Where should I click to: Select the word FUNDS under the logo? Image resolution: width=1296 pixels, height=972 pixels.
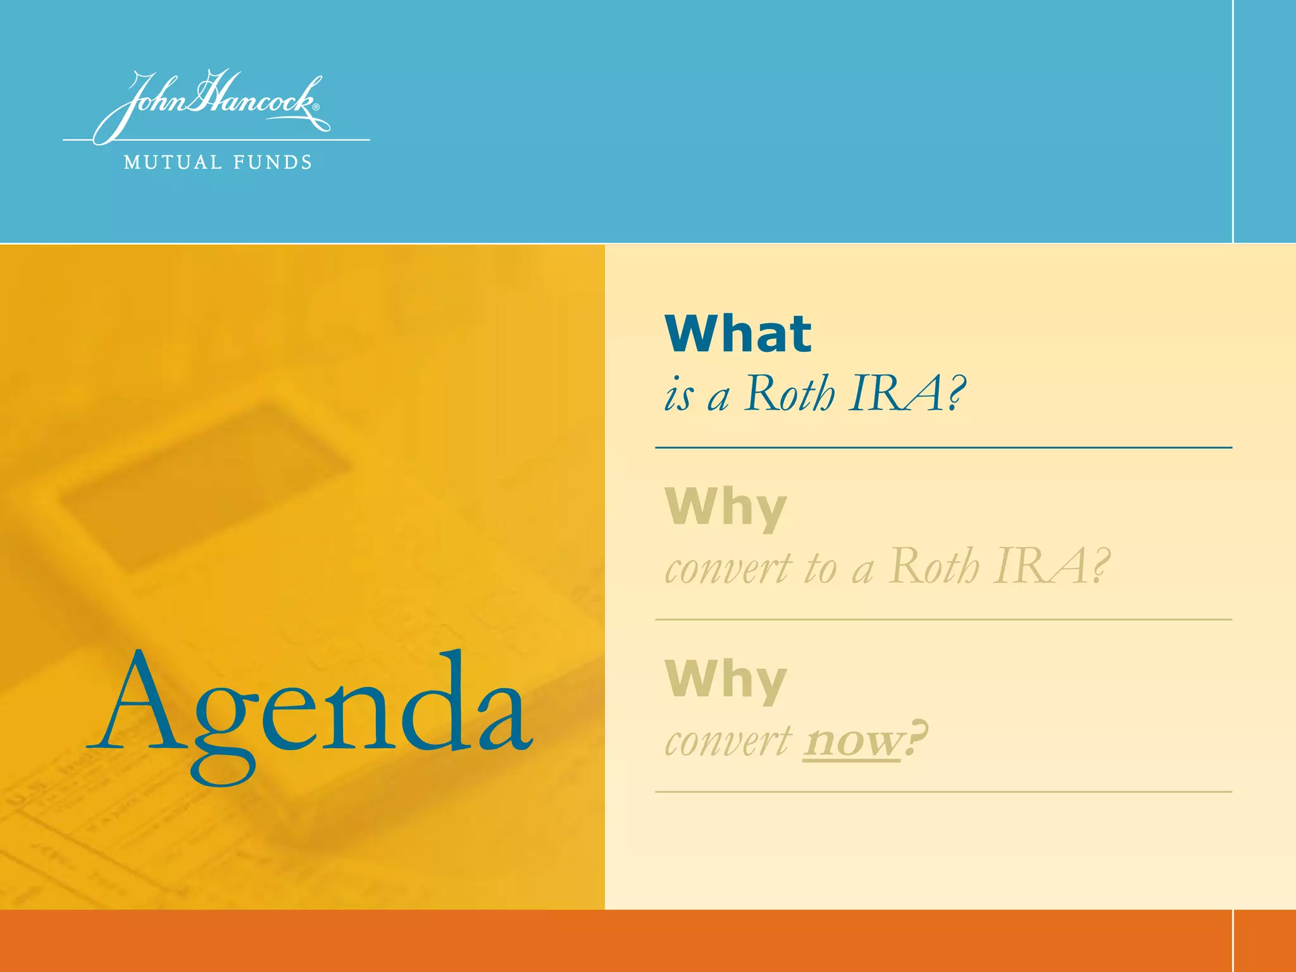(273, 163)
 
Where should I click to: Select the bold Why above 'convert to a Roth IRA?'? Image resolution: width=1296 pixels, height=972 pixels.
(726, 508)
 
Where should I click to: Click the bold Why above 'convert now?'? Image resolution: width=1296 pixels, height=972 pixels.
(726, 680)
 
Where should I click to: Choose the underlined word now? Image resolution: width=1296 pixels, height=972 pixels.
(852, 740)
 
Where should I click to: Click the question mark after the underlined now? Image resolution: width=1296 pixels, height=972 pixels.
(915, 737)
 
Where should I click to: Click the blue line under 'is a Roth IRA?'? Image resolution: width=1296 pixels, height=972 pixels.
(943, 447)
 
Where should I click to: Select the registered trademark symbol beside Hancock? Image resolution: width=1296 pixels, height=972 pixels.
(316, 108)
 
